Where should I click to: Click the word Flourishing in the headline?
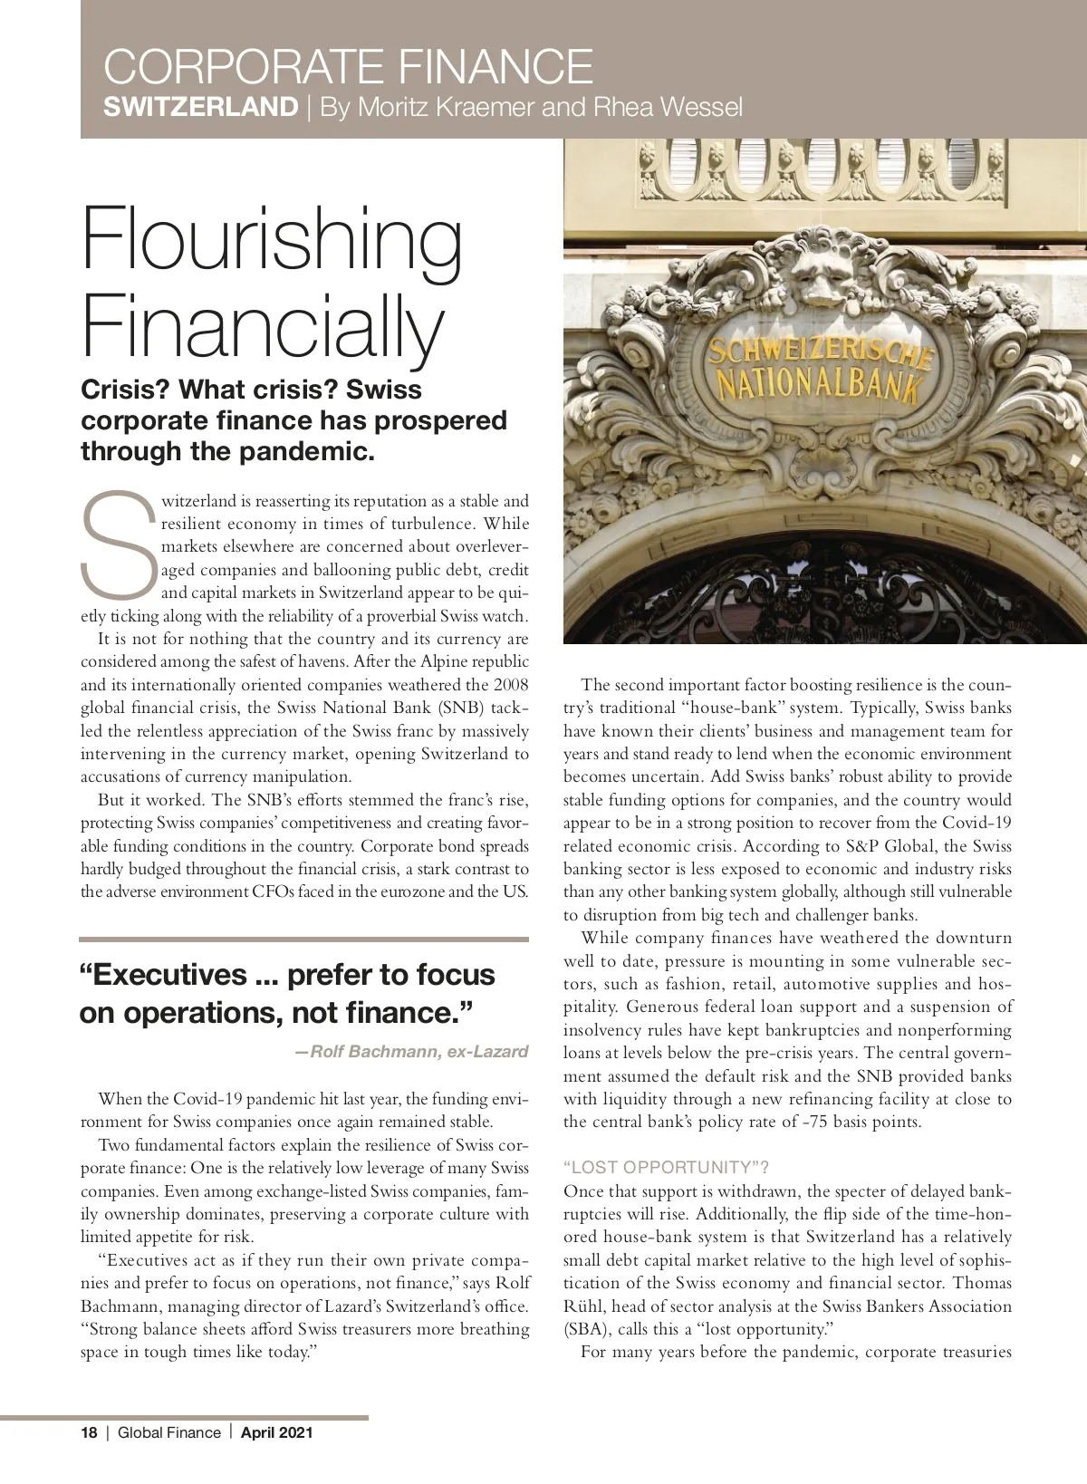point(272,238)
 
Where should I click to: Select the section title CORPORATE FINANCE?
point(349,68)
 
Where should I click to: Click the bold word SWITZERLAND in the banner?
point(201,108)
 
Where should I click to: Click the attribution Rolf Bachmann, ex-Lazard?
point(412,1052)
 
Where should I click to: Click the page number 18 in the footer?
point(89,1432)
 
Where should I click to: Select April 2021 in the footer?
point(276,1432)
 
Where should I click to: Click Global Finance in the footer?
point(169,1432)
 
